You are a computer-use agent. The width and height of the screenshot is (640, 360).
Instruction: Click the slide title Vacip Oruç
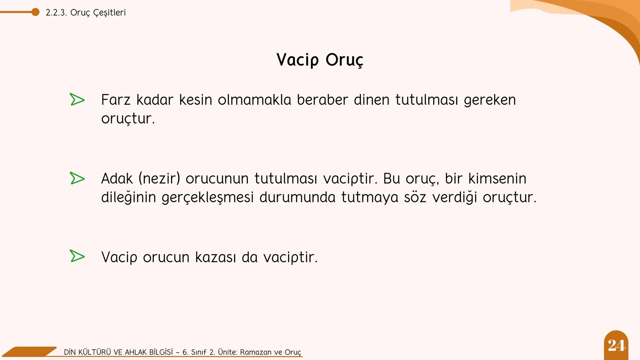(320, 60)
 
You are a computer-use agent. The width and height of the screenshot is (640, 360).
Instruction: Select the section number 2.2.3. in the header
(56, 13)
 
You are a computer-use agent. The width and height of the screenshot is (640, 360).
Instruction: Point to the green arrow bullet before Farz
(77, 100)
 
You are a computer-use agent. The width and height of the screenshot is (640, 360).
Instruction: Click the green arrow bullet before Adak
(77, 178)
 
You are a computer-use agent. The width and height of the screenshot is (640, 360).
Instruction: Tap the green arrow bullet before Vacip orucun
(77, 256)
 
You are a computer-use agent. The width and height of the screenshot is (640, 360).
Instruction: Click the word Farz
(116, 100)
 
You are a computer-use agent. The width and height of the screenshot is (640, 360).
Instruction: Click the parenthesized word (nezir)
(159, 178)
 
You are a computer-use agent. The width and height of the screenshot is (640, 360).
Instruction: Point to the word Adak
(117, 178)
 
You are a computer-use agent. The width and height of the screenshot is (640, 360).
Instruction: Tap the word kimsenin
(497, 178)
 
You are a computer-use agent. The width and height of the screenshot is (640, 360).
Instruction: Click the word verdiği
(455, 197)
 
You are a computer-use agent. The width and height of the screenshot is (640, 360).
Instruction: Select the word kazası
(215, 257)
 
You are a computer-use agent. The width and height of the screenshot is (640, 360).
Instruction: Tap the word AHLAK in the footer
(136, 352)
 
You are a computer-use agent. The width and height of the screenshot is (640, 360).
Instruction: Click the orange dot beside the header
(35, 12)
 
